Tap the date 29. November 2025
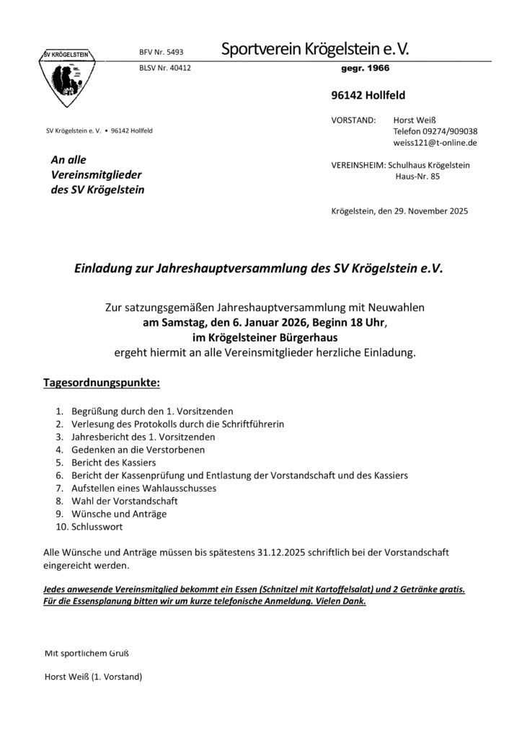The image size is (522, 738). pyautogui.click(x=425, y=212)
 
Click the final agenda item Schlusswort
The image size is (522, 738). pyautogui.click(x=97, y=527)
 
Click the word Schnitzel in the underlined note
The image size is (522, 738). pyautogui.click(x=298, y=589)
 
